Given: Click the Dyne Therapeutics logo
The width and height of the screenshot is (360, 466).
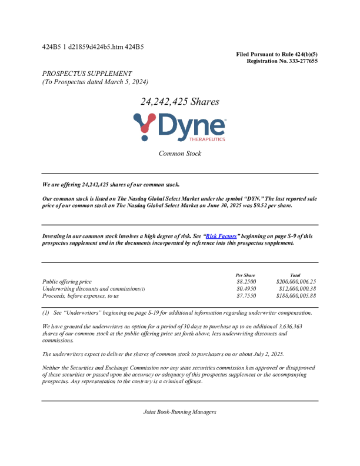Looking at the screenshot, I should [179, 128].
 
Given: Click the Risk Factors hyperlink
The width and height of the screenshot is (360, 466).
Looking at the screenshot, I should [221, 236].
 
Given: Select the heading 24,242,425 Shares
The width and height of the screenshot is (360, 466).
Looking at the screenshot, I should [179, 101].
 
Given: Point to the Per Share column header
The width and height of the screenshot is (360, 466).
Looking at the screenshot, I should [245, 275].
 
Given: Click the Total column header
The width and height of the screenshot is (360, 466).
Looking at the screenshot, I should [295, 275].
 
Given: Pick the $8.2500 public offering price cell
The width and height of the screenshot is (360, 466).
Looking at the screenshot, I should [246, 282].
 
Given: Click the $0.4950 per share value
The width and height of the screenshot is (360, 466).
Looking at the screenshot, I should [246, 289].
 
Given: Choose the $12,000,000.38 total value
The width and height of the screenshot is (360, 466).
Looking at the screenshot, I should [297, 289].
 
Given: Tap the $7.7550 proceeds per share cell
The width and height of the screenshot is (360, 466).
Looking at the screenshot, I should [246, 296].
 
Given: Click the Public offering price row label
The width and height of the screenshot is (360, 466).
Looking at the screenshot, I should [67, 282].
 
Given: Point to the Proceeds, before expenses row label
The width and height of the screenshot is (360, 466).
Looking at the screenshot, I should [81, 296].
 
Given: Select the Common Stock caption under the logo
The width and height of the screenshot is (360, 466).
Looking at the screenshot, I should [179, 154].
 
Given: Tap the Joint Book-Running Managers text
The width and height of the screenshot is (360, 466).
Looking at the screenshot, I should [179, 412].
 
